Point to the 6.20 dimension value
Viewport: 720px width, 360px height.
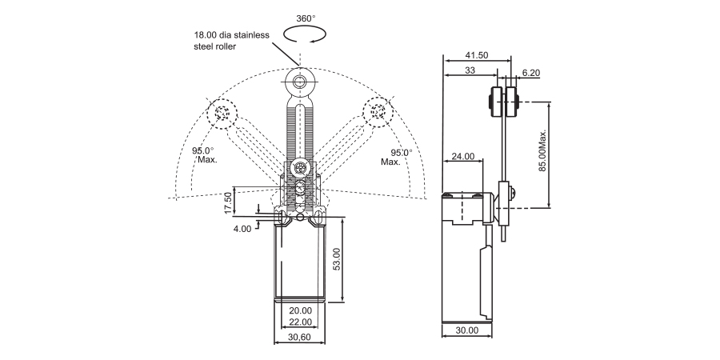coord(531,72)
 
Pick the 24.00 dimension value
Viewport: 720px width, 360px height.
coord(462,156)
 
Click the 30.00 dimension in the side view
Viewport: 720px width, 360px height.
coord(466,330)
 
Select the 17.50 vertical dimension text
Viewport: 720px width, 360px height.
coord(228,202)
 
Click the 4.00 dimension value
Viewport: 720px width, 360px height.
coord(242,228)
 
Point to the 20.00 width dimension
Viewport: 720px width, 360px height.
coord(300,310)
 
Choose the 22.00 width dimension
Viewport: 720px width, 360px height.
coord(300,322)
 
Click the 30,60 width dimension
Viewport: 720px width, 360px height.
coord(300,338)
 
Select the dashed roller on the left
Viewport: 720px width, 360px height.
coord(222,113)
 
